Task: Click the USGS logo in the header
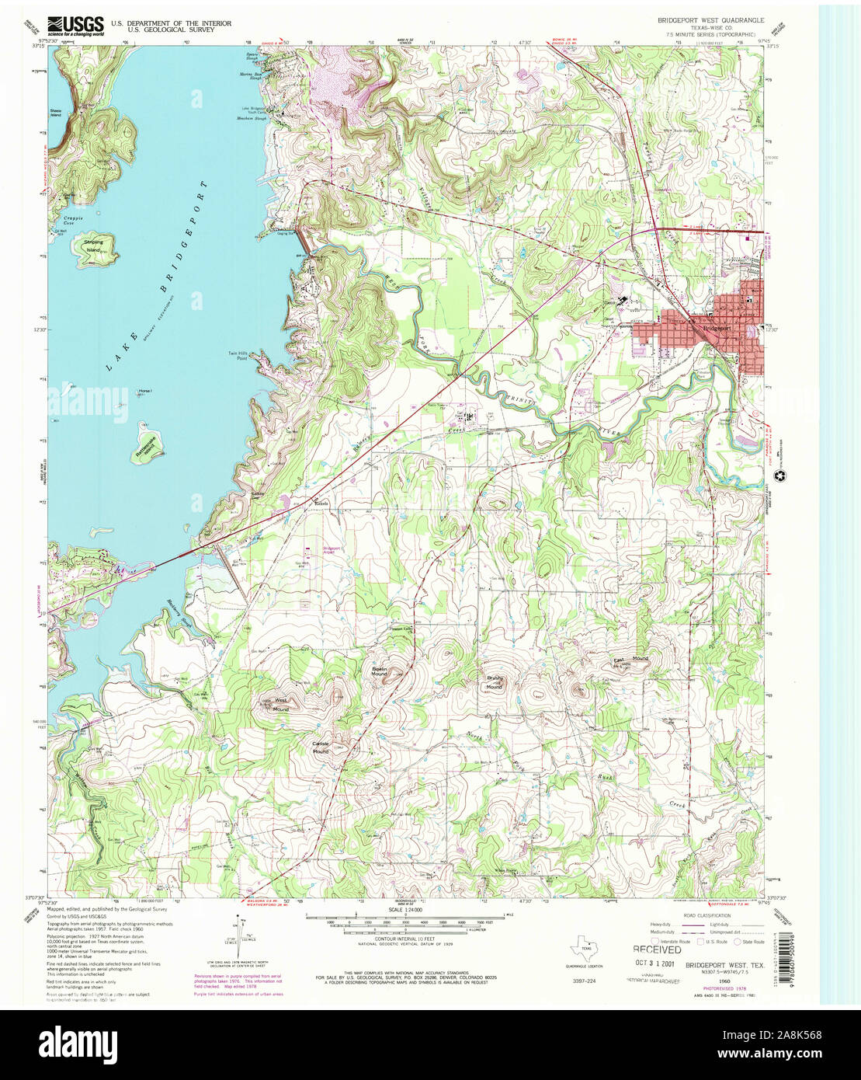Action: pyautogui.click(x=75, y=26)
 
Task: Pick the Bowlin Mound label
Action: pyautogui.click(x=379, y=672)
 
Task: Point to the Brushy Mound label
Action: pyautogui.click(x=495, y=683)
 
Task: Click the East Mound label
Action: pyautogui.click(x=630, y=660)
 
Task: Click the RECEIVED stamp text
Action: pyautogui.click(x=657, y=949)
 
